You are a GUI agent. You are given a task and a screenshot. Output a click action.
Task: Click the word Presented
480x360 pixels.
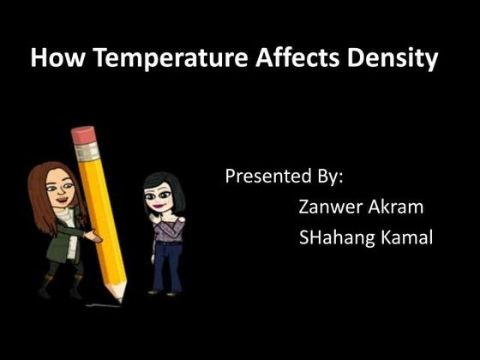(264, 177)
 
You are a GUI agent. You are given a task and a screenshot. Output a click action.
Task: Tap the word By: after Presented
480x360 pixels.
(326, 178)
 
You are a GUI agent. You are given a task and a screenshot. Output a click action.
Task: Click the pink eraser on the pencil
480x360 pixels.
(83, 135)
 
